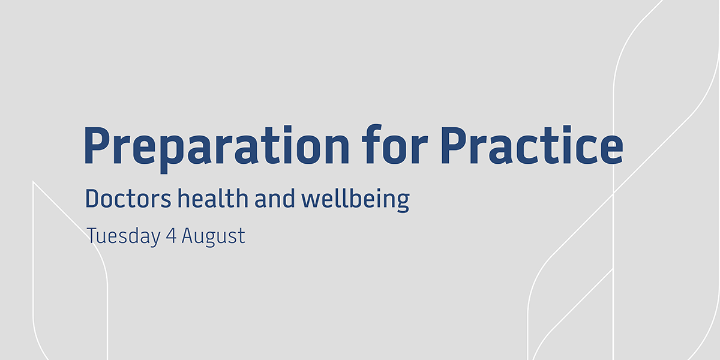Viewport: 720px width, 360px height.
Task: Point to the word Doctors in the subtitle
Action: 128,199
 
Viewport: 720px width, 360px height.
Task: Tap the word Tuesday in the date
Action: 123,236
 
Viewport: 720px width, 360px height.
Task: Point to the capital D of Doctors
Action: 93,199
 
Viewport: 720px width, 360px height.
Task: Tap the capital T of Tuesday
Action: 92,236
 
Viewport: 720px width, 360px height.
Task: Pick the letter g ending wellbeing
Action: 402,202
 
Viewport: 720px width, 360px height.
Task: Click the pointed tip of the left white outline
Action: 34,182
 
